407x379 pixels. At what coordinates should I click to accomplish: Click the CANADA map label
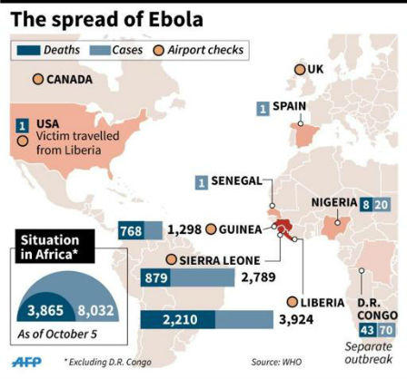pyautogui.click(x=64, y=80)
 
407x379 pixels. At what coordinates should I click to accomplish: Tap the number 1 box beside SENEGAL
pyautogui.click(x=202, y=181)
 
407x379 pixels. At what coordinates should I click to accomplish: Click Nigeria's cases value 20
pyautogui.click(x=382, y=204)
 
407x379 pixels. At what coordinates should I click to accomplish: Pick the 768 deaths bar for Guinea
pyautogui.click(x=130, y=232)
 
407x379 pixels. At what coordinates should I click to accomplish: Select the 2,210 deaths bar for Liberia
pyautogui.click(x=178, y=319)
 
